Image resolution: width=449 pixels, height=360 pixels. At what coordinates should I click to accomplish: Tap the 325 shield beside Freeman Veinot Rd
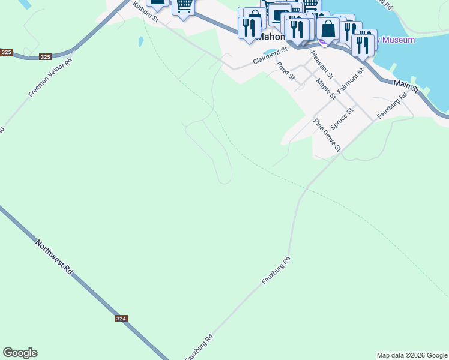(45, 57)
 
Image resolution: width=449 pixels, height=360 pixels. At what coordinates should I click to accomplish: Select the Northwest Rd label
(54, 258)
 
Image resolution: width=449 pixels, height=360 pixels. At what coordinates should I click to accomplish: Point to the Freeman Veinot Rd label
(50, 79)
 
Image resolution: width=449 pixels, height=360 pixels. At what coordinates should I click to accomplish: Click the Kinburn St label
(145, 12)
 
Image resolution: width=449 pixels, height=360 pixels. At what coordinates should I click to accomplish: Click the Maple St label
(325, 90)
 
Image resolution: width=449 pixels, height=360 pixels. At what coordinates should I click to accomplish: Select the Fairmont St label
(351, 81)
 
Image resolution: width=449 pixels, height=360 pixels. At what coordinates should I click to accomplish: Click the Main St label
(406, 88)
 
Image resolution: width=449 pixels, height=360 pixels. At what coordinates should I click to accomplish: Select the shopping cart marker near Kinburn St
(184, 5)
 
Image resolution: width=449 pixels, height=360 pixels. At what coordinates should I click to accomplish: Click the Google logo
(20, 353)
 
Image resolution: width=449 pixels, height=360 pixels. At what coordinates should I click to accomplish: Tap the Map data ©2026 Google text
(412, 355)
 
